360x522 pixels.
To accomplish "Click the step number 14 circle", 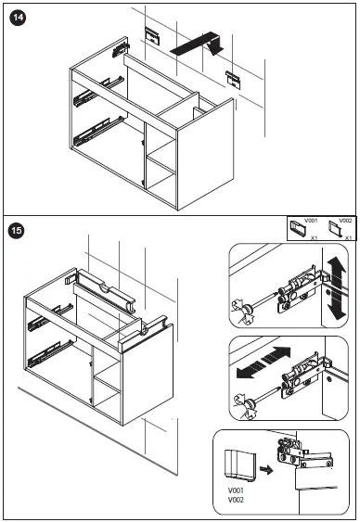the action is tap(18, 18).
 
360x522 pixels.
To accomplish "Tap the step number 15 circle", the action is tap(17, 230).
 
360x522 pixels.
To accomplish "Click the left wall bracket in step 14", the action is tap(152, 35).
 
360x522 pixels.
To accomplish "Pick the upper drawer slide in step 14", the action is tap(98, 92).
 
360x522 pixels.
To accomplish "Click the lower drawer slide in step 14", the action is tap(99, 131).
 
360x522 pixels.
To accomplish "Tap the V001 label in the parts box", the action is tap(311, 221).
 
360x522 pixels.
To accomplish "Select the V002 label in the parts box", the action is tap(345, 221).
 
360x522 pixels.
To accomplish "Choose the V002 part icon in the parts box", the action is tap(335, 228).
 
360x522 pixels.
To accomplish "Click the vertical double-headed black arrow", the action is tap(337, 288).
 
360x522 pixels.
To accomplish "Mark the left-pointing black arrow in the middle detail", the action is tap(251, 370).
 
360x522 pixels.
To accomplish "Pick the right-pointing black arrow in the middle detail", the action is tap(276, 355).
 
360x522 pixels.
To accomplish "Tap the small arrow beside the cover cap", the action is tap(266, 470).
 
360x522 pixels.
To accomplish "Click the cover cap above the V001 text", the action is tap(239, 465).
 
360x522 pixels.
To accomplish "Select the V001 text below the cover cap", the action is tap(236, 490).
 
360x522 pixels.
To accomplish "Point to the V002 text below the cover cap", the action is tap(236, 500).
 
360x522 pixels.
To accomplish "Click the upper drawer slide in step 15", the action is tap(51, 318).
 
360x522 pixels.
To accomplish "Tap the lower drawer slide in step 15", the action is tap(51, 354).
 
